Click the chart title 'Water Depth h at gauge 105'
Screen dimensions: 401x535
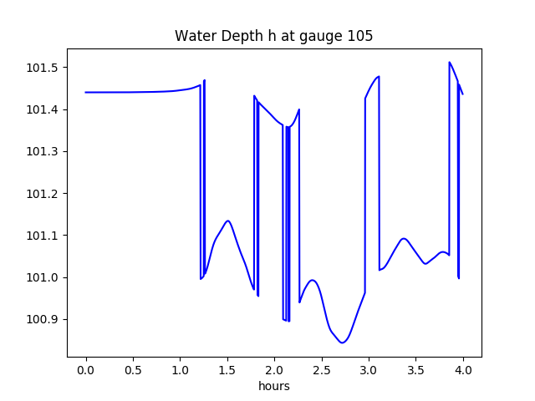pos(274,36)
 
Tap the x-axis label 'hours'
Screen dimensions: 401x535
pos(274,386)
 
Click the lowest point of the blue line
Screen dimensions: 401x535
pos(342,343)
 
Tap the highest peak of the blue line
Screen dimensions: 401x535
pos(450,62)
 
